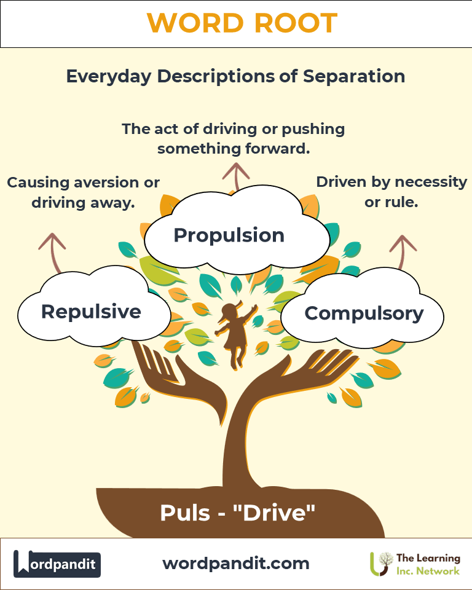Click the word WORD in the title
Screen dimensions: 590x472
pos(192,23)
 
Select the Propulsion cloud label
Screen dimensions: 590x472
pos(229,235)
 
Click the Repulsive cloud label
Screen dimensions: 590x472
pos(91,312)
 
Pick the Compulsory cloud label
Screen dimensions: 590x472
pos(364,313)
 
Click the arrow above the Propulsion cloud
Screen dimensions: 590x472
pos(234,175)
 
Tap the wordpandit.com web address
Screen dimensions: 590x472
pos(236,563)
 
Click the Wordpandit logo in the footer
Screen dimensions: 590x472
pos(57,564)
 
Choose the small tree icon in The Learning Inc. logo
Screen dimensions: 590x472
pos(382,563)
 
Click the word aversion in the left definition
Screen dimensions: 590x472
pos(110,183)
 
